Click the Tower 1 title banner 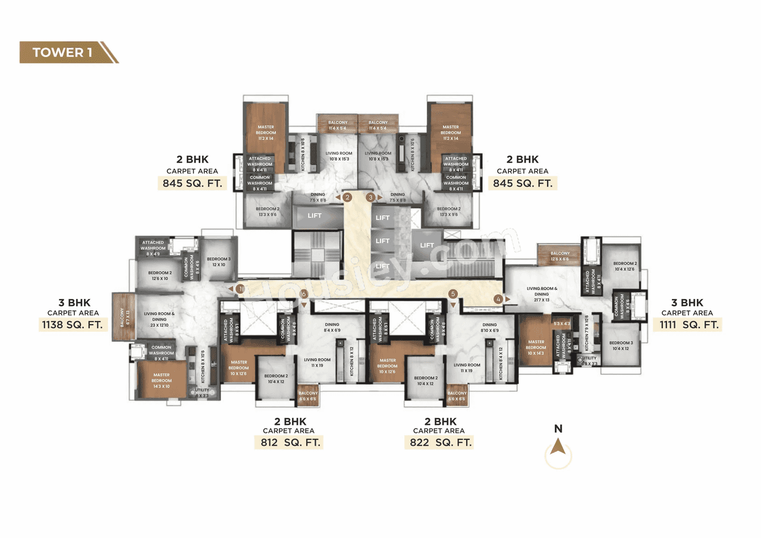pyautogui.click(x=65, y=52)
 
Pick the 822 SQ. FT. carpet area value pyautogui.click(x=441, y=442)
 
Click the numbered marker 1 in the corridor pyautogui.click(x=240, y=288)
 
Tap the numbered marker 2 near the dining pyautogui.click(x=348, y=197)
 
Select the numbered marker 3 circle pyautogui.click(x=371, y=197)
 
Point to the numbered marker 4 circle pyautogui.click(x=498, y=299)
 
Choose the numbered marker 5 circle pyautogui.click(x=453, y=294)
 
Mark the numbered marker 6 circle pyautogui.click(x=303, y=294)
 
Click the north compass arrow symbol pyautogui.click(x=558, y=447)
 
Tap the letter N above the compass pyautogui.click(x=558, y=429)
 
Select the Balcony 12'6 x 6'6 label pyautogui.click(x=560, y=256)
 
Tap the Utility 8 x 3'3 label pyautogui.click(x=202, y=392)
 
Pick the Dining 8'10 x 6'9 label pyautogui.click(x=490, y=328)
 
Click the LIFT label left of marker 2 pyautogui.click(x=315, y=216)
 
